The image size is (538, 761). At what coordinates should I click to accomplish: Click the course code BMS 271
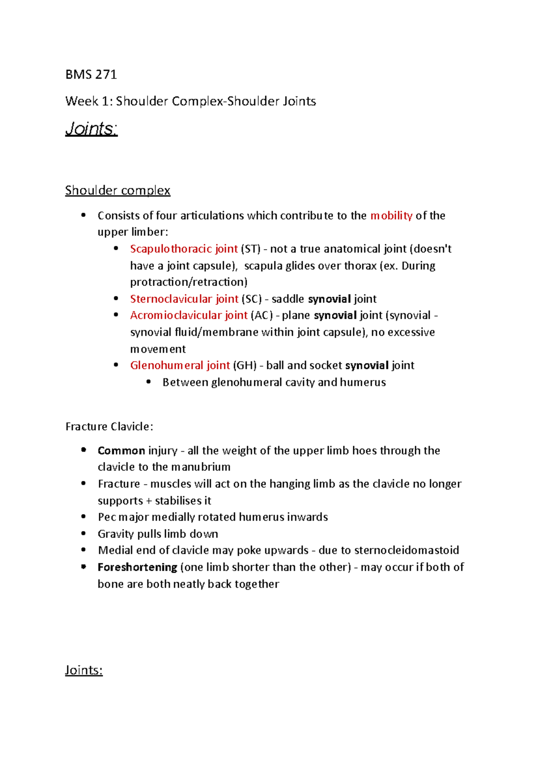(91, 74)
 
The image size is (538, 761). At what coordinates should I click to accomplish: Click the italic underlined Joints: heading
(91, 129)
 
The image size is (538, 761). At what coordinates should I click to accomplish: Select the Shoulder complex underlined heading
(117, 190)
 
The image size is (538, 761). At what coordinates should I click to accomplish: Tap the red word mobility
(391, 216)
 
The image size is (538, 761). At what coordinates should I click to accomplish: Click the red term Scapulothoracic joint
(184, 249)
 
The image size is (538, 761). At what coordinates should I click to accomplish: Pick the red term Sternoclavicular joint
(184, 299)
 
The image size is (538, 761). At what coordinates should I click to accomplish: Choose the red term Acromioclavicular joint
(189, 316)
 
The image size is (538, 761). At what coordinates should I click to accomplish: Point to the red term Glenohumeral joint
(180, 365)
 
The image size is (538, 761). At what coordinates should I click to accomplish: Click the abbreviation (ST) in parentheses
(251, 249)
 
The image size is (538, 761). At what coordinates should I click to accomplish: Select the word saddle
(288, 299)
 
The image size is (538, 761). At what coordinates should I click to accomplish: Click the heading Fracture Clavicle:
(109, 426)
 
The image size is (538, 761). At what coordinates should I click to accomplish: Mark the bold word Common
(121, 450)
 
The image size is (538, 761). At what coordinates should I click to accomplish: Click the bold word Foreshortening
(137, 567)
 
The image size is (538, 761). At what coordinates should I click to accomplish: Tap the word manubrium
(200, 467)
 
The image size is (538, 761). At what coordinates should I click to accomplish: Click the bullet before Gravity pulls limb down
(83, 533)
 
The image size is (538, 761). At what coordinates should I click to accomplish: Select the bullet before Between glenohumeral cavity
(148, 382)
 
